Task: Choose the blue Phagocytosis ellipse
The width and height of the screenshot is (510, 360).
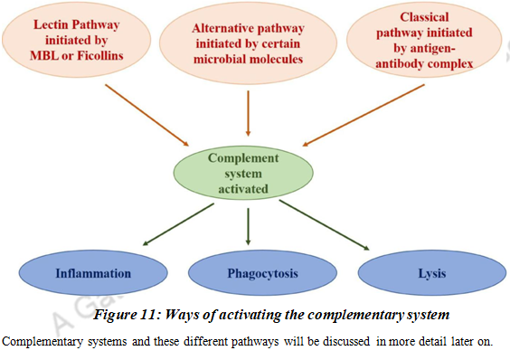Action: pos(250,272)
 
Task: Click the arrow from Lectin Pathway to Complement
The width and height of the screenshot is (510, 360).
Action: pos(146,114)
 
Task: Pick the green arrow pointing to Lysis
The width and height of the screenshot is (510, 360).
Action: pos(324,224)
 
